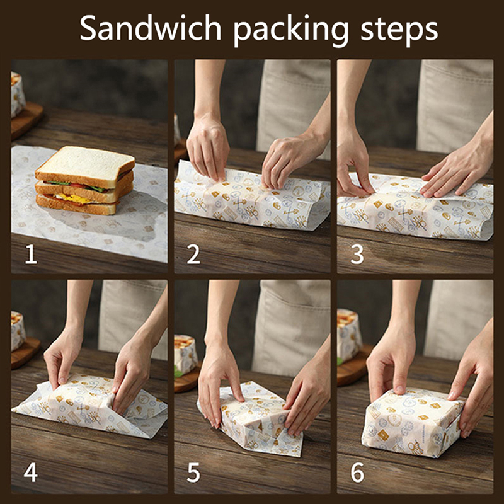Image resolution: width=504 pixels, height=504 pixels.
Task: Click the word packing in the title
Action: [291, 30]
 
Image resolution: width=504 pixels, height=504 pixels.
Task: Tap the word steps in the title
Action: [399, 30]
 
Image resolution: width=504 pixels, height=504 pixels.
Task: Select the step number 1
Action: [31, 254]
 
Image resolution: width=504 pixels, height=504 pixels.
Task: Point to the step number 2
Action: [193, 254]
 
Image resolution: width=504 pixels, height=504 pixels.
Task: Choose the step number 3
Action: [357, 254]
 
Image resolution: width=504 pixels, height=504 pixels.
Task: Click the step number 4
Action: [30, 472]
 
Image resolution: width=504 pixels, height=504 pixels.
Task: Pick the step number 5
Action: [193, 472]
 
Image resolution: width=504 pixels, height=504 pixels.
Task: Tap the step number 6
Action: [357, 472]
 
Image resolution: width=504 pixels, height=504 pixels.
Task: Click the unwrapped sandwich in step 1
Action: [85, 180]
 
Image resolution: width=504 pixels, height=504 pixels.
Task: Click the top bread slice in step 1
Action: [85, 166]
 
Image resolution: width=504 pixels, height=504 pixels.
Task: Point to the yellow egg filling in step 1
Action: [74, 198]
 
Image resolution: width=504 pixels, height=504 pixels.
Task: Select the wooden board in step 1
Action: [26, 120]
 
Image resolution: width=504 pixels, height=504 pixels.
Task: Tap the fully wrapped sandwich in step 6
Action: [413, 421]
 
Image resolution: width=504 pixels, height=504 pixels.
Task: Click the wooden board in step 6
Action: [353, 367]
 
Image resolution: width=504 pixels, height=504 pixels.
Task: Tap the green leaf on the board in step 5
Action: [178, 372]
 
